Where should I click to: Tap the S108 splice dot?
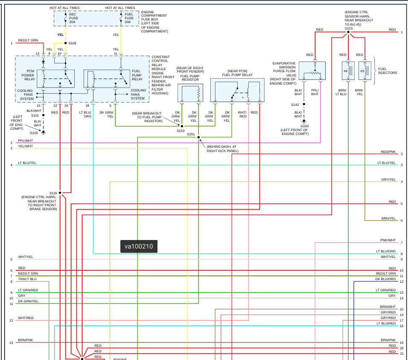click(65, 43)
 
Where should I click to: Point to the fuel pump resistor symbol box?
click(190, 93)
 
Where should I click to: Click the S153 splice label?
click(181, 131)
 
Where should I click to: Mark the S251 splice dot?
click(198, 137)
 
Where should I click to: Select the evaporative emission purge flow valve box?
click(312, 71)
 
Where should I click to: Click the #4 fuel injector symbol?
click(348, 71)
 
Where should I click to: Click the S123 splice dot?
click(348, 32)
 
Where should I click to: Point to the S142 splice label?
click(295, 105)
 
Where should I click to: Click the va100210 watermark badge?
click(139, 246)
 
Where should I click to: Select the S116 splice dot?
click(60, 193)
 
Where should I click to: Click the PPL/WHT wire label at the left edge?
click(25, 141)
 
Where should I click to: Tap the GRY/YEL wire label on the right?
click(388, 180)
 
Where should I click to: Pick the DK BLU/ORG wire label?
click(385, 279)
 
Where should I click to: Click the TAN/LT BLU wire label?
click(27, 279)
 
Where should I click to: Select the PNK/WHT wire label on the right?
click(388, 240)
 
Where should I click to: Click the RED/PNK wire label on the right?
click(388, 152)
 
